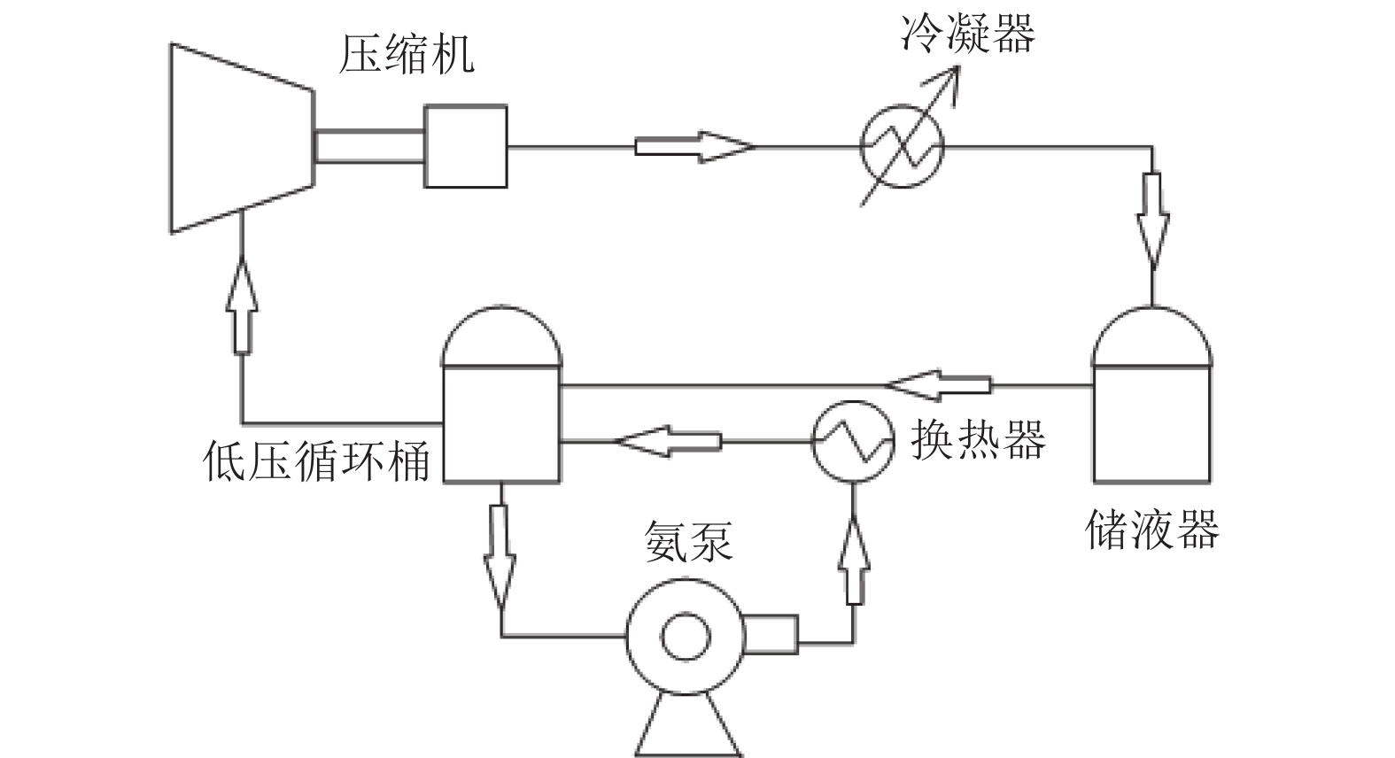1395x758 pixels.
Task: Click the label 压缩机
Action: [x=406, y=54]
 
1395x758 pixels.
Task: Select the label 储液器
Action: [x=1152, y=530]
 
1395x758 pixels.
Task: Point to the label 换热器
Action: [x=979, y=440]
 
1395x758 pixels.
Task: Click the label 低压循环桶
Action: [x=316, y=460]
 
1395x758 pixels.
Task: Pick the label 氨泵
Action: [x=688, y=541]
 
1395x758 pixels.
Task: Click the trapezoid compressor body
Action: [x=243, y=138]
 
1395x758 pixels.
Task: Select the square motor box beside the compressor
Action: [x=466, y=146]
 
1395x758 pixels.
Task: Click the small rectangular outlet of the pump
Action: [x=771, y=635]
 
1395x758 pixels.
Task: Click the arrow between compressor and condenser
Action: [x=694, y=147]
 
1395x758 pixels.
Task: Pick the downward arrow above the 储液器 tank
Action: [x=1152, y=221]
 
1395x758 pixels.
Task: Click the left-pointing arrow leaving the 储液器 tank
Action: [x=938, y=385]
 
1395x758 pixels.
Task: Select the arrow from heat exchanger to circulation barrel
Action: [x=668, y=442]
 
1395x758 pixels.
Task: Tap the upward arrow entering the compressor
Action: [x=242, y=306]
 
